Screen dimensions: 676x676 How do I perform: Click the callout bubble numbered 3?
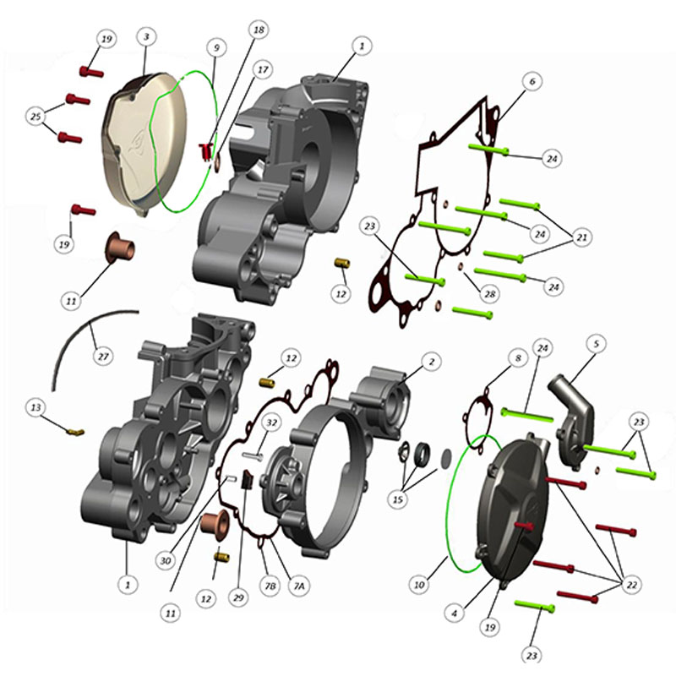pyautogui.click(x=146, y=36)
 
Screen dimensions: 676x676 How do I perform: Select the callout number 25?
pyautogui.click(x=35, y=117)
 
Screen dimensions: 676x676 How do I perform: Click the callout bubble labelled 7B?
pyautogui.click(x=270, y=586)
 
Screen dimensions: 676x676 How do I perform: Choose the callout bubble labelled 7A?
pyautogui.click(x=299, y=586)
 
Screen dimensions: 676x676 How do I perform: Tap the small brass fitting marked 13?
pyautogui.click(x=75, y=432)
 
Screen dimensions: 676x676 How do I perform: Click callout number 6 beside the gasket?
pyautogui.click(x=532, y=81)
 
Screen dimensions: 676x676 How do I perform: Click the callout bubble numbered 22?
pyautogui.click(x=631, y=585)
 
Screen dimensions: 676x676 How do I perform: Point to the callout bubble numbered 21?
pyautogui.click(x=582, y=237)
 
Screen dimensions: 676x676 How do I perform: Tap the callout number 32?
pyautogui.click(x=271, y=422)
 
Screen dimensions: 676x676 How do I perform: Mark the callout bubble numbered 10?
pyautogui.click(x=419, y=585)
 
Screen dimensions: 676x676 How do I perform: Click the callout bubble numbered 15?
pyautogui.click(x=398, y=499)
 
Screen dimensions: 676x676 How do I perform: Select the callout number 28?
pyautogui.click(x=490, y=294)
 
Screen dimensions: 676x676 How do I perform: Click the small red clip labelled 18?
pyautogui.click(x=204, y=151)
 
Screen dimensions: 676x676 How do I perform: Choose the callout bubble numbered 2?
pyautogui.click(x=432, y=362)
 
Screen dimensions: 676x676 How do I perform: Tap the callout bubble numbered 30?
pyautogui.click(x=166, y=561)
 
